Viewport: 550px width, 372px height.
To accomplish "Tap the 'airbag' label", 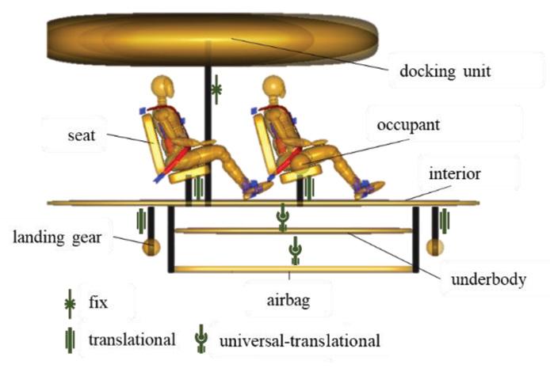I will click(x=290, y=300).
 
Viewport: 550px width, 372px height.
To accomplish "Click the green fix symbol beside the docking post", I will click(x=217, y=91).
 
